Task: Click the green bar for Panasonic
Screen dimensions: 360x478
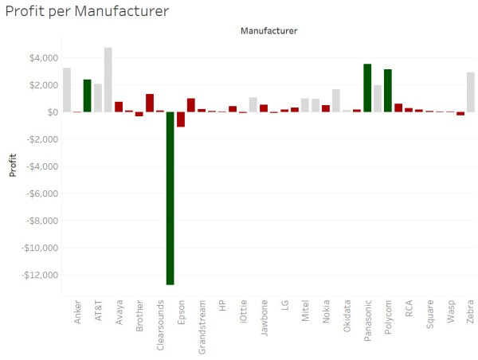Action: pos(367,88)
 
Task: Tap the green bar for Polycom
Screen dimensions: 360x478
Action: pos(388,91)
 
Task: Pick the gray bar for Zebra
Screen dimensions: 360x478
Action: pos(471,92)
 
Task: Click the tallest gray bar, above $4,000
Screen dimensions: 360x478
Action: pos(108,80)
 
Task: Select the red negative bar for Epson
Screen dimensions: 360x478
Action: pos(181,119)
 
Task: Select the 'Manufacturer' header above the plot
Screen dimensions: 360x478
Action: pos(268,32)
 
